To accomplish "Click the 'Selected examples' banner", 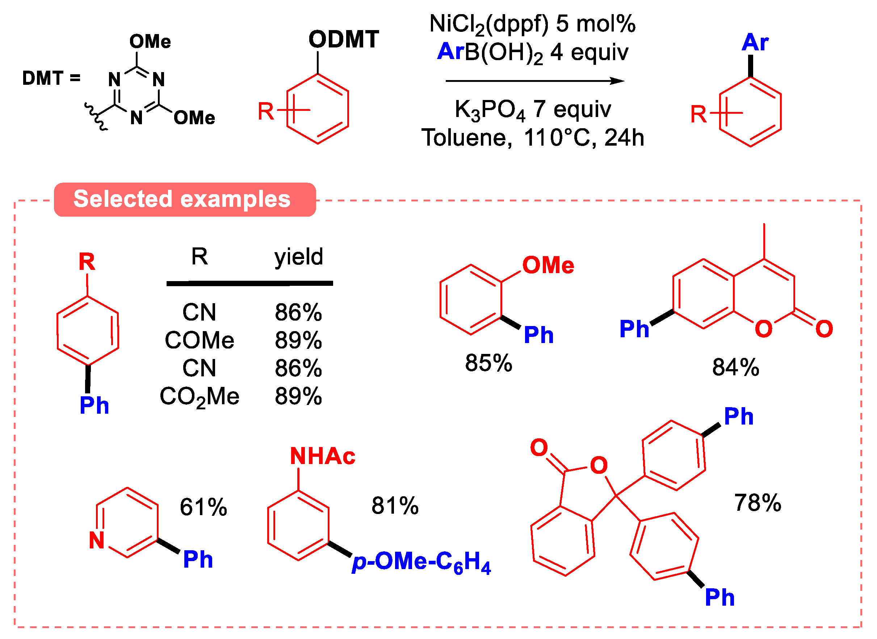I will (x=185, y=200).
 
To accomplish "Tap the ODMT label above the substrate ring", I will (x=344, y=39).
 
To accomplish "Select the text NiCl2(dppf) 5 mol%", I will (x=532, y=24).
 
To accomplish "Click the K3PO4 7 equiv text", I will (x=532, y=109).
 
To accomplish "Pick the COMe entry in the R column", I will (x=200, y=341).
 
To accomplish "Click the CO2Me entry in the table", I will (x=200, y=396).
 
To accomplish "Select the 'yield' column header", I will (x=298, y=256).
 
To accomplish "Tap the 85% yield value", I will (x=488, y=363).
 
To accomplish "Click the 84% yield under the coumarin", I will (x=735, y=367).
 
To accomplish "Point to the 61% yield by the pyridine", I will (x=203, y=507).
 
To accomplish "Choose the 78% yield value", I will (x=758, y=503).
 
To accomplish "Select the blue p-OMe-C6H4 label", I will (x=421, y=561).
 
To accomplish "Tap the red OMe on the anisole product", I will (x=548, y=266).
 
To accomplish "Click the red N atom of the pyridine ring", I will (x=97, y=540).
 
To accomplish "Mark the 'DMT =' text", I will (x=51, y=78).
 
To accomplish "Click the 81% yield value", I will (x=395, y=506).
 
